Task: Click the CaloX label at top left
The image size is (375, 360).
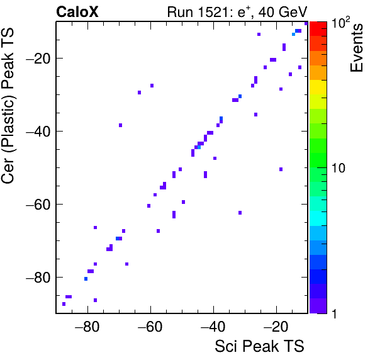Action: click(x=77, y=12)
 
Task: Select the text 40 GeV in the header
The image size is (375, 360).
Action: click(x=283, y=12)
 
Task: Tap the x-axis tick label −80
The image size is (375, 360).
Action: click(x=87, y=327)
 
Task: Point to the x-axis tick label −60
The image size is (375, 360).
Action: click(x=150, y=327)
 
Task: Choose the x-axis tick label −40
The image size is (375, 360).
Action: click(x=213, y=327)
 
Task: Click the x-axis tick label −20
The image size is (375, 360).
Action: click(x=276, y=327)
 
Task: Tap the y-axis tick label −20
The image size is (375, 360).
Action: click(x=38, y=58)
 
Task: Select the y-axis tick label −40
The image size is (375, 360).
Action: click(x=38, y=131)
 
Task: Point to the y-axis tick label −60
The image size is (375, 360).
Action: click(x=38, y=205)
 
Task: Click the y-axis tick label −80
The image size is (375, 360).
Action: click(x=38, y=277)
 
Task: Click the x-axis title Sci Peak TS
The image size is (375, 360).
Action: click(x=259, y=346)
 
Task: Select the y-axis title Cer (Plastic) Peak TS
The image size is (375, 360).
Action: click(x=8, y=106)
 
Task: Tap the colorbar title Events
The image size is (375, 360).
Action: click(x=357, y=48)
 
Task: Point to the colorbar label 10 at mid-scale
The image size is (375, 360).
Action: click(x=338, y=168)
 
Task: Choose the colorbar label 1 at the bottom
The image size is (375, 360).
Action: click(x=335, y=313)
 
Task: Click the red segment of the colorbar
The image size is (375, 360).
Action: click(x=318, y=29)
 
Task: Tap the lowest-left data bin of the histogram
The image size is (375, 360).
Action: click(x=64, y=304)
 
